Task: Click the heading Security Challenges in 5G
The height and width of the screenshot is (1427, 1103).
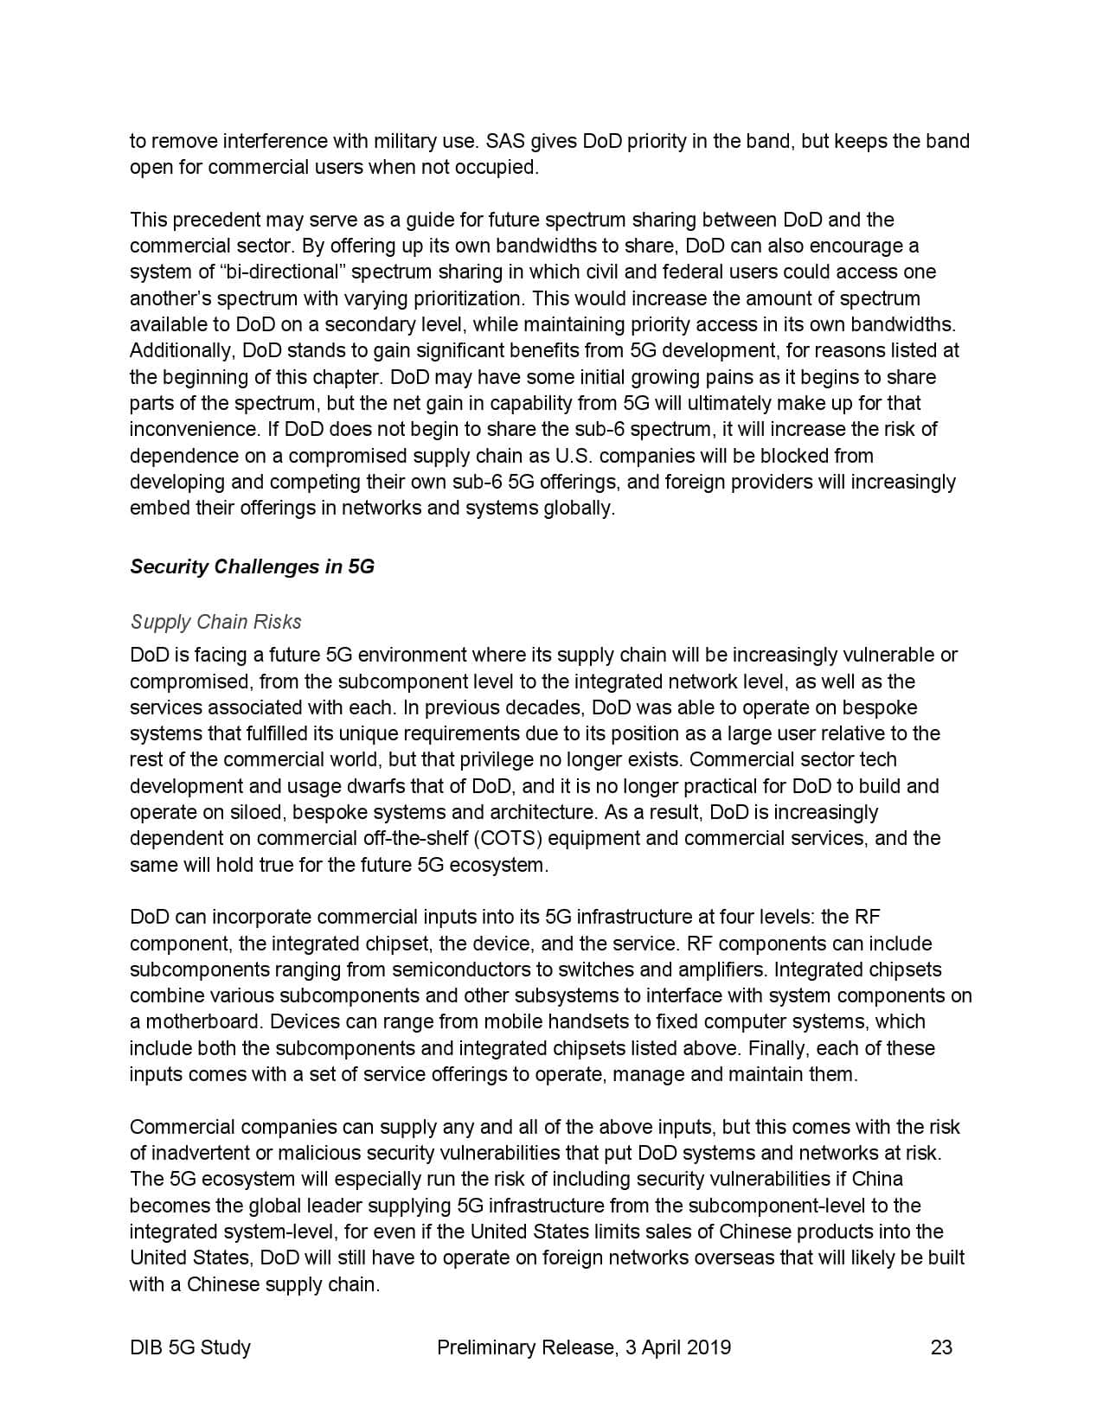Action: pyautogui.click(x=252, y=567)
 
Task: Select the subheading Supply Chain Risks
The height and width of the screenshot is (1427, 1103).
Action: pyautogui.click(x=215, y=622)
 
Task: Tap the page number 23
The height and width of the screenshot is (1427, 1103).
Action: pyautogui.click(x=941, y=1347)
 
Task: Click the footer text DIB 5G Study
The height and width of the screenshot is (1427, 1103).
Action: pyautogui.click(x=190, y=1347)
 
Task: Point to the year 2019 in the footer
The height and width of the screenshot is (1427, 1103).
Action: pyautogui.click(x=708, y=1347)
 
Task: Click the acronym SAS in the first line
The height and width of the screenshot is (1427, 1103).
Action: pyautogui.click(x=505, y=141)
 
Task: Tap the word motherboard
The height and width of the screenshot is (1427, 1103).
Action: pyautogui.click(x=202, y=1021)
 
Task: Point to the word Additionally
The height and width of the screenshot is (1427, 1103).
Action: pyautogui.click(x=183, y=350)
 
